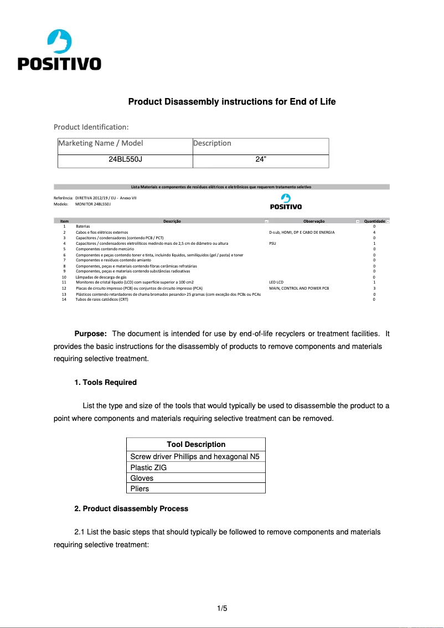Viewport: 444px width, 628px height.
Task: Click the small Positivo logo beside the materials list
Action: pos(286,202)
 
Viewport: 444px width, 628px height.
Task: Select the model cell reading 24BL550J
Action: pos(125,159)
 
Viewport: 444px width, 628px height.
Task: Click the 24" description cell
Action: pos(261,159)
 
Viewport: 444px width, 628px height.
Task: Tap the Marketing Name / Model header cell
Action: pos(101,143)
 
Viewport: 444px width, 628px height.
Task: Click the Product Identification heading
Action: pos(91,127)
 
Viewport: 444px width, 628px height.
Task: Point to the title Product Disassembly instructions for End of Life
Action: pos(232,102)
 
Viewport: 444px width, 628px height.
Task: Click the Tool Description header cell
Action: pos(196,444)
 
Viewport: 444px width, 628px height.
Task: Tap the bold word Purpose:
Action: pos(90,333)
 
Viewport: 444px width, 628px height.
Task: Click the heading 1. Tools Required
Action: pos(105,382)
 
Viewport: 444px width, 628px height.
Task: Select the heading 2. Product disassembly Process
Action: pos(131,508)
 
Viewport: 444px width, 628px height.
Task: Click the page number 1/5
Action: pos(223,609)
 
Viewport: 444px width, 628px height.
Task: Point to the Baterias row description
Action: pos(82,227)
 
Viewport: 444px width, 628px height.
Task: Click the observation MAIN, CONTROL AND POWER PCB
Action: pos(299,289)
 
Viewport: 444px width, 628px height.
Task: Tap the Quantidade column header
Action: pos(374,221)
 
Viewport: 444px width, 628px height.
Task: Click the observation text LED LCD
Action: pos(276,282)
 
